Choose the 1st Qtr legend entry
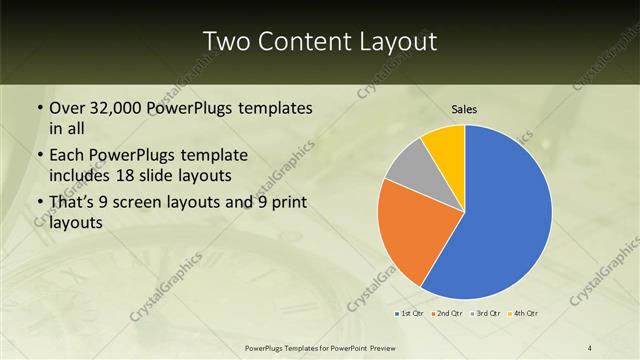coord(410,314)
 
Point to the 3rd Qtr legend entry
coord(487,314)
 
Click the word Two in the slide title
coord(224,42)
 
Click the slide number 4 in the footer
coord(590,347)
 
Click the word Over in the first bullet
coord(66,108)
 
